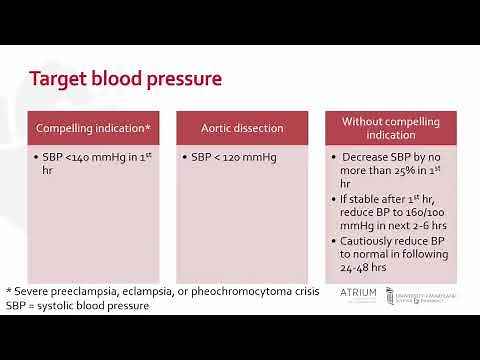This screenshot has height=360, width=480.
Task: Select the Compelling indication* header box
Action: pos(93,128)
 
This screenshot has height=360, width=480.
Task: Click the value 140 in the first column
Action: pos(91,158)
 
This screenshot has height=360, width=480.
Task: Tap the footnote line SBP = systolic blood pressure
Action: pos(77,305)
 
